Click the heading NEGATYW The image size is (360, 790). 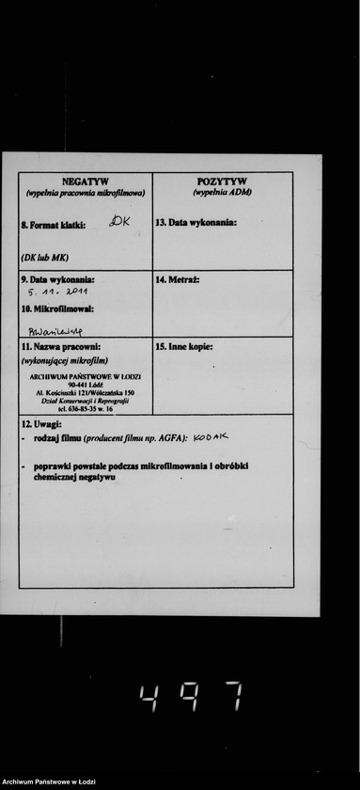point(86,181)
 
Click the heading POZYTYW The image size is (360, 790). point(222,181)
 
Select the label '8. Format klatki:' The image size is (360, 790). point(54,226)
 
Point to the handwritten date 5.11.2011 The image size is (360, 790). point(58,293)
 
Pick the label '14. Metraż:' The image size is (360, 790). point(178,279)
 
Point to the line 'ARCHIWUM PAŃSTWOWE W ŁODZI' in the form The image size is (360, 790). point(86,376)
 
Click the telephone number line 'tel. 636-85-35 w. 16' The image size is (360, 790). point(86,409)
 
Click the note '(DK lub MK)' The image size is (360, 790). point(44,257)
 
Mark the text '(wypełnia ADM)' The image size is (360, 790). point(222,192)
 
